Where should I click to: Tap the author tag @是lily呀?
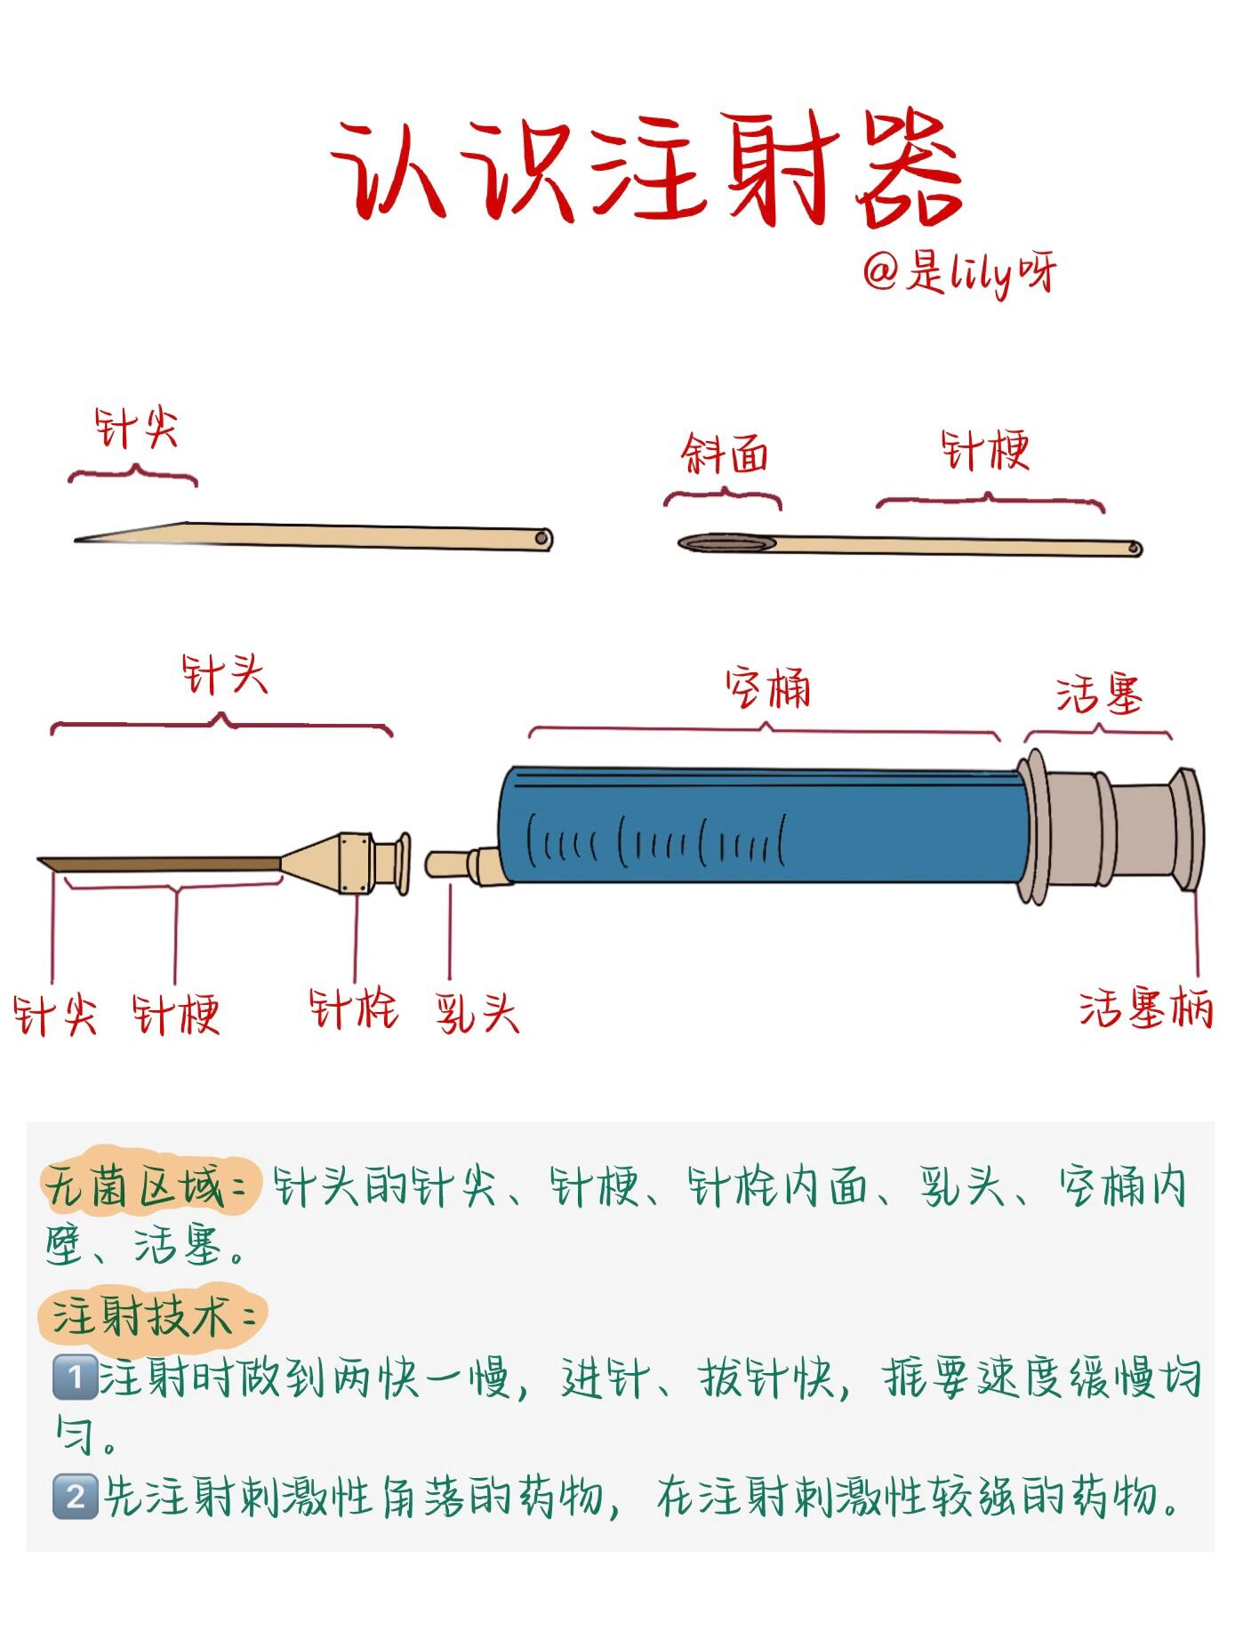tap(958, 274)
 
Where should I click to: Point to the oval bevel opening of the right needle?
tap(726, 543)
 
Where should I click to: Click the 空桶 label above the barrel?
tap(767, 688)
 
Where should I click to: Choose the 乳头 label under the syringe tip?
tap(477, 1012)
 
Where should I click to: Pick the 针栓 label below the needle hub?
tap(353, 1008)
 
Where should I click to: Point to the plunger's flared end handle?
tap(1186, 827)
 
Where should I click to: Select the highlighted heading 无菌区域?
tap(147, 1187)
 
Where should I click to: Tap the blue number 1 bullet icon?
tap(75, 1378)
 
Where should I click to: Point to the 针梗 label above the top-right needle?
tap(985, 451)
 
